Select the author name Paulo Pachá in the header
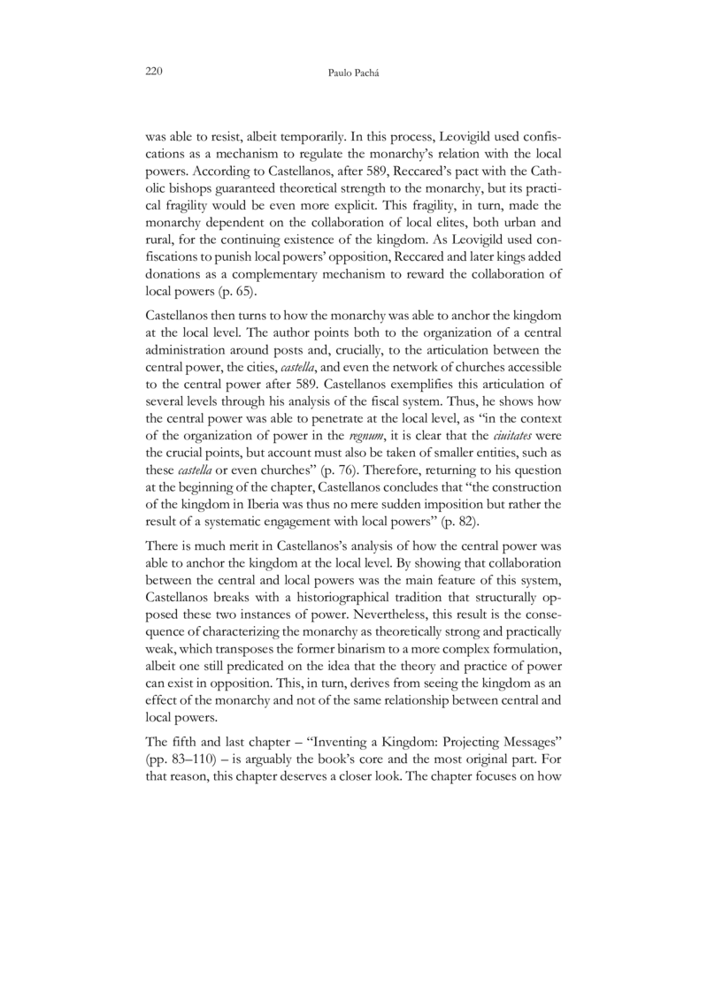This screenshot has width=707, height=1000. (x=353, y=71)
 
